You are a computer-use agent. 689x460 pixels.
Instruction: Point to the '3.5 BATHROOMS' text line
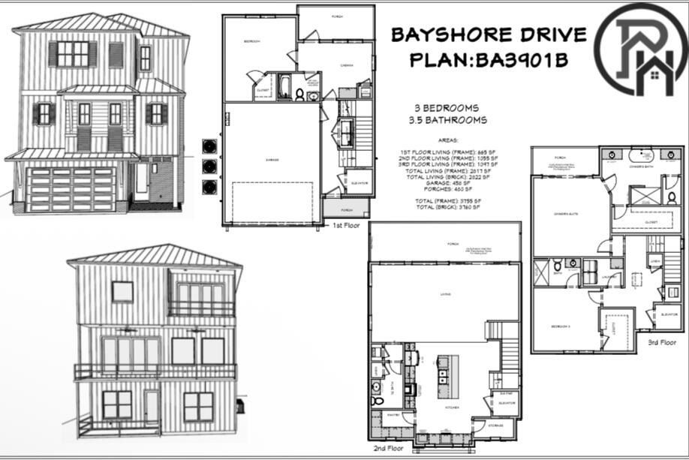(447, 120)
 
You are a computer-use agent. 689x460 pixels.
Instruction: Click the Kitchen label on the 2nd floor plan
(453, 407)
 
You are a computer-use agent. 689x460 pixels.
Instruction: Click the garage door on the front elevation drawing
(71, 190)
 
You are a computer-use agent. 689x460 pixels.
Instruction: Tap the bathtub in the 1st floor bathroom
(286, 86)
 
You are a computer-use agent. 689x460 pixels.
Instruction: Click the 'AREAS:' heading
(447, 140)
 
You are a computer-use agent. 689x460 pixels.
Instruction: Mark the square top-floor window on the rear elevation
(122, 291)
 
